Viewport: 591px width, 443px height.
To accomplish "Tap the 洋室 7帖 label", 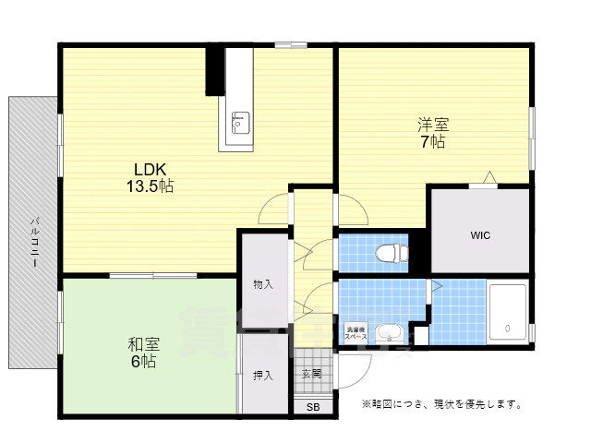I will coord(432,133).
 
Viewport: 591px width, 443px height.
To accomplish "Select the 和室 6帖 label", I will coord(143,353).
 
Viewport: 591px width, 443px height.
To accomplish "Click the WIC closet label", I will coord(479,235).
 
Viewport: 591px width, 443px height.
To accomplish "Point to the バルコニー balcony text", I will coord(34,242).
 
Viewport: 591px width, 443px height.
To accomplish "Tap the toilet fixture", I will coord(393,250).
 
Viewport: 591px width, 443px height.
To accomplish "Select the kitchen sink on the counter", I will coord(240,121).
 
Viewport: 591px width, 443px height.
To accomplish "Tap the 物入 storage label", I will coord(263,284).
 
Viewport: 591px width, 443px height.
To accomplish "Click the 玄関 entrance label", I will coord(310,374).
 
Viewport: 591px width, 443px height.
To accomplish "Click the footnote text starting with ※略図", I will coord(442,404).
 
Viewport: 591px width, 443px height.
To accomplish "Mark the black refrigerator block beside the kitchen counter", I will coord(214,69).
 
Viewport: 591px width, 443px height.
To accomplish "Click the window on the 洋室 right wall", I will coord(532,138).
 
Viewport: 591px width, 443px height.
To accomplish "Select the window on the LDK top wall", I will coord(291,43).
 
